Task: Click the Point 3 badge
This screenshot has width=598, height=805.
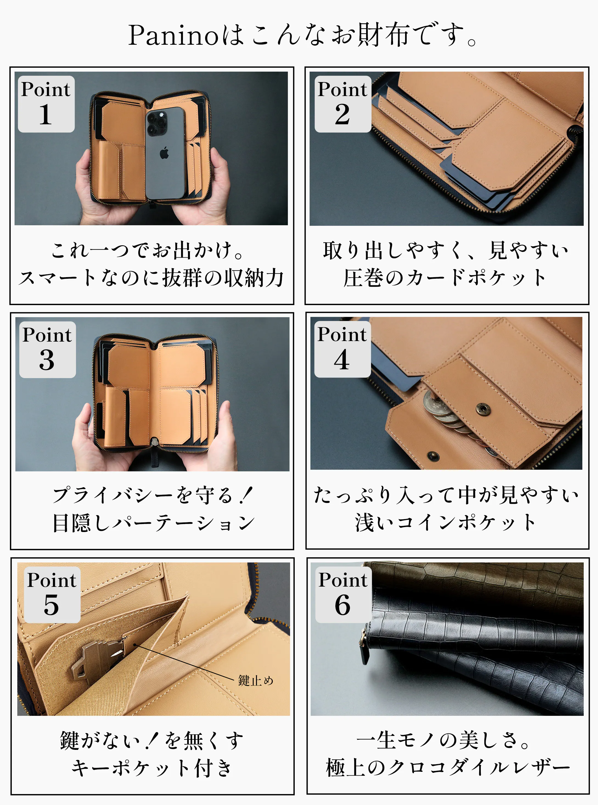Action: [x=47, y=350]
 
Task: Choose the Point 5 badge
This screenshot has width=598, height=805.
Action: [x=52, y=595]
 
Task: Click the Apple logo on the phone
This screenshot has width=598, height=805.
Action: [x=164, y=153]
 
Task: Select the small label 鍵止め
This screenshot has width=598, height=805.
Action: [x=256, y=680]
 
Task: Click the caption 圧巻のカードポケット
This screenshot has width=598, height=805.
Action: [x=445, y=278]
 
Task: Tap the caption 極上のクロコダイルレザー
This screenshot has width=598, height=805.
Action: [x=448, y=768]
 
